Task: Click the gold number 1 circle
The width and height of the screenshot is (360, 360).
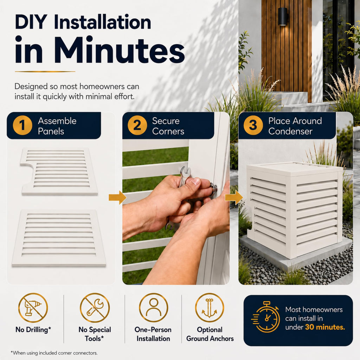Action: coord(22,126)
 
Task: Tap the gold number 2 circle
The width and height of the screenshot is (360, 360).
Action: coord(137,126)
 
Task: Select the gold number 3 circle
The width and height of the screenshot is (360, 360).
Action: coord(253,126)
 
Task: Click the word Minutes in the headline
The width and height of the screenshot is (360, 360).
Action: coord(120,50)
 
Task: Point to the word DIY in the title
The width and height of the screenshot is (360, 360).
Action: coord(31,22)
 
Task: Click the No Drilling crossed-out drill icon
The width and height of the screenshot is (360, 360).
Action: coord(33,308)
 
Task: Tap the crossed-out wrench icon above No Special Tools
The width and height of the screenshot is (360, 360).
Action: coord(95,308)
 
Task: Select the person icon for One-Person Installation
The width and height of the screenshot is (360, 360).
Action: coord(153,308)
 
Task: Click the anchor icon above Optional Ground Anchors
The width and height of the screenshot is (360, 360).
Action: coord(210,308)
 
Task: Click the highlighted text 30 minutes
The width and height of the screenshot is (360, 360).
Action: coord(325,327)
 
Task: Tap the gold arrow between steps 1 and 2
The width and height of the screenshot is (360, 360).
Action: coord(117,197)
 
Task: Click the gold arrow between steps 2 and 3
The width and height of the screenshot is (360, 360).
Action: coord(234,197)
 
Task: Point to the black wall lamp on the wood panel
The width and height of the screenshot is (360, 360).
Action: coord(283,17)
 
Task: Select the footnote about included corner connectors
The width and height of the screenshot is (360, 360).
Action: coord(54,353)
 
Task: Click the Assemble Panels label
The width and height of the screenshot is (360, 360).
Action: coord(57,126)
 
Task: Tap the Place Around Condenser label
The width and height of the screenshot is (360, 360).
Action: coord(295,126)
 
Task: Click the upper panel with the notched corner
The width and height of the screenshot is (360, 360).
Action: coord(59,171)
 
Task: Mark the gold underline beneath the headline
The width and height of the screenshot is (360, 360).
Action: coord(45,72)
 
